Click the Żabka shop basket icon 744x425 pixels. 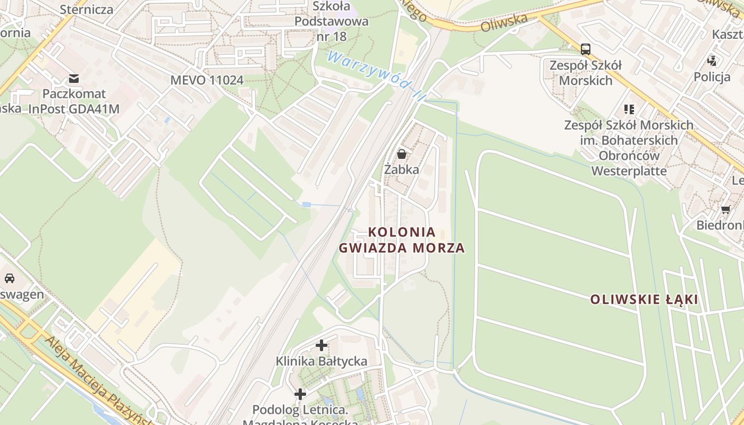coord(402,154)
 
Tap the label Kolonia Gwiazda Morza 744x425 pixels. coord(402,240)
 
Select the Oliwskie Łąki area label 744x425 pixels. coord(644,300)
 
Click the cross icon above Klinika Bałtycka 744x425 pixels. coord(322,345)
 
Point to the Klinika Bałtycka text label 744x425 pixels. coord(321,361)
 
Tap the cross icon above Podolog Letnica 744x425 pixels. coord(300,394)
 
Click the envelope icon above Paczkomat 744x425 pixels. coord(74,79)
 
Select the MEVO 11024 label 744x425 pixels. coord(207,80)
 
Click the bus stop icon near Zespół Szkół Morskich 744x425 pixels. coord(586,49)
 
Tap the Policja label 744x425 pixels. coord(712,77)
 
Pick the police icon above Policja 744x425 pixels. coord(712,61)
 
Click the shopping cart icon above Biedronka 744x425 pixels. coord(726,209)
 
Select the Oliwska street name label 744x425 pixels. coord(504,23)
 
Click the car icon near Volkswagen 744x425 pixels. coord(9,278)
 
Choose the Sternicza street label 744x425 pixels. coord(87,9)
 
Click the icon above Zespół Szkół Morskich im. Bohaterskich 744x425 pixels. coord(629,109)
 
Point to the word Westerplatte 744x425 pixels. coord(629,171)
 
